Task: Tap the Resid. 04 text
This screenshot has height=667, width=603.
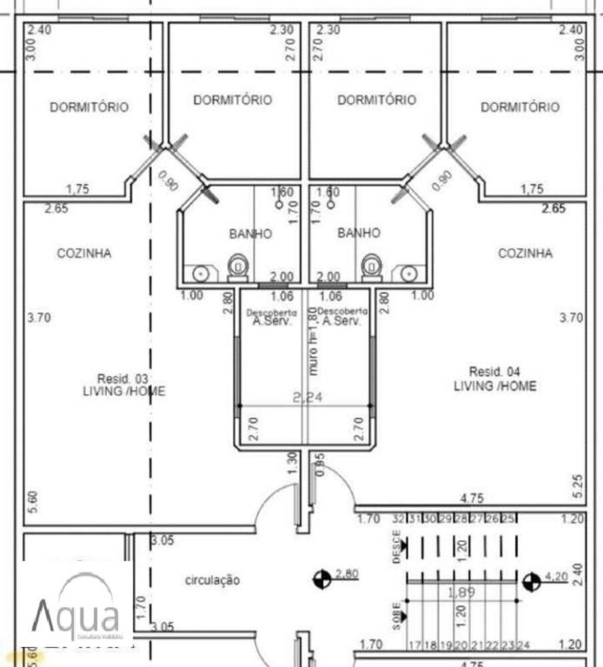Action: click(x=494, y=372)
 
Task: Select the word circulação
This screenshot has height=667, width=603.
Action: click(x=211, y=580)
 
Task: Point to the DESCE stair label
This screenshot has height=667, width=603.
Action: click(x=397, y=547)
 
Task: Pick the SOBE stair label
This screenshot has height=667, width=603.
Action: click(x=397, y=616)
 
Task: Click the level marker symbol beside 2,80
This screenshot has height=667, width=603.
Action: click(x=322, y=578)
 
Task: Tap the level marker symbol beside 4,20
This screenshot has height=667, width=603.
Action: click(x=532, y=582)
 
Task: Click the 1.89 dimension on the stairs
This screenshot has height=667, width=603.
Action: click(x=461, y=592)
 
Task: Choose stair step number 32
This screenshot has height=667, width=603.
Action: click(x=399, y=519)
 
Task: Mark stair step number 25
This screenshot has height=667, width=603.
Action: click(x=508, y=519)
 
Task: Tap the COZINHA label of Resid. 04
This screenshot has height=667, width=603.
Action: click(x=526, y=253)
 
